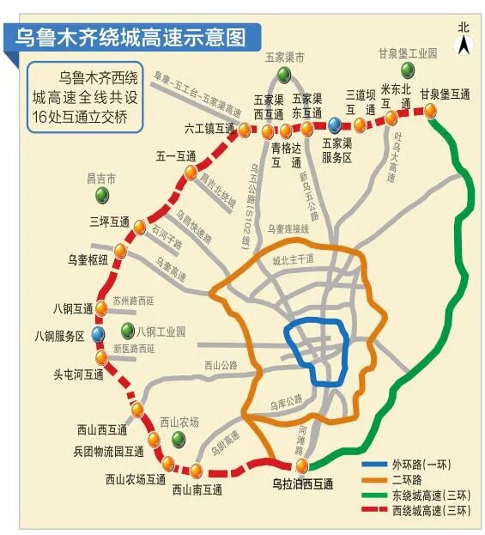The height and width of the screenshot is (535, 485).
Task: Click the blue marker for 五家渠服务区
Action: (x=334, y=125)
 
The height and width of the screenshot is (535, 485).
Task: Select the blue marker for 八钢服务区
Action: (x=99, y=332)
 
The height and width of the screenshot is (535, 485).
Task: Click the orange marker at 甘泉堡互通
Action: (x=429, y=110)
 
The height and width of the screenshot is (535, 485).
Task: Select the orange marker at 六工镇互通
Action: (x=245, y=131)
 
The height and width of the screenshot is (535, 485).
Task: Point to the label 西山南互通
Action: (x=197, y=489)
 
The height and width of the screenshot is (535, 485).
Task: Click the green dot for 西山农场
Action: (x=179, y=439)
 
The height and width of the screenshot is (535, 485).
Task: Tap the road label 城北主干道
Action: (x=293, y=258)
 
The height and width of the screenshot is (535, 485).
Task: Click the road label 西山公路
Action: (x=221, y=365)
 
